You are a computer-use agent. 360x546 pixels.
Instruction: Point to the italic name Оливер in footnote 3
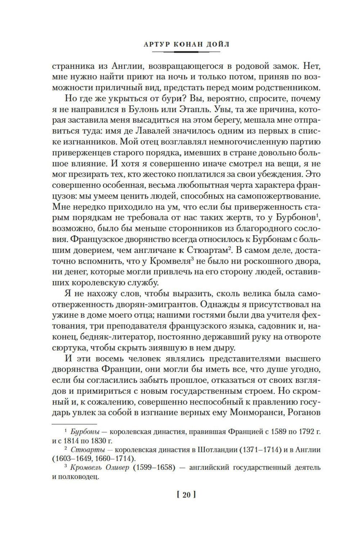[116, 468]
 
